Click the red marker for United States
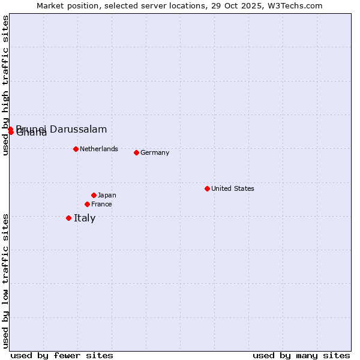pyautogui.click(x=207, y=188)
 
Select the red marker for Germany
pyautogui.click(x=136, y=152)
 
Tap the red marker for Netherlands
pyautogui.click(x=76, y=149)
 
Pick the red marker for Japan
pyautogui.click(x=94, y=195)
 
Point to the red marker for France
pyautogui.click(x=87, y=204)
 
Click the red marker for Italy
pyautogui.click(x=68, y=218)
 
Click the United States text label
pyautogui.click(x=233, y=188)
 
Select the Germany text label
pyautogui.click(x=155, y=152)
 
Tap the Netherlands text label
pyautogui.click(x=99, y=149)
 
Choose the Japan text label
pyautogui.click(x=107, y=195)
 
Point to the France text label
pyautogui.click(x=101, y=204)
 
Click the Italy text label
pyautogui.click(x=85, y=218)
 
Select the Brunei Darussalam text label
pyautogui.click(x=62, y=129)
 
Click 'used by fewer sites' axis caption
pyautogui.click(x=62, y=355)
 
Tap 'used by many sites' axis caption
pyautogui.click(x=301, y=355)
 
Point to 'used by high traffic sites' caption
pyautogui.click(x=5, y=85)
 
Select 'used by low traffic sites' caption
pyautogui.click(x=5, y=281)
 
